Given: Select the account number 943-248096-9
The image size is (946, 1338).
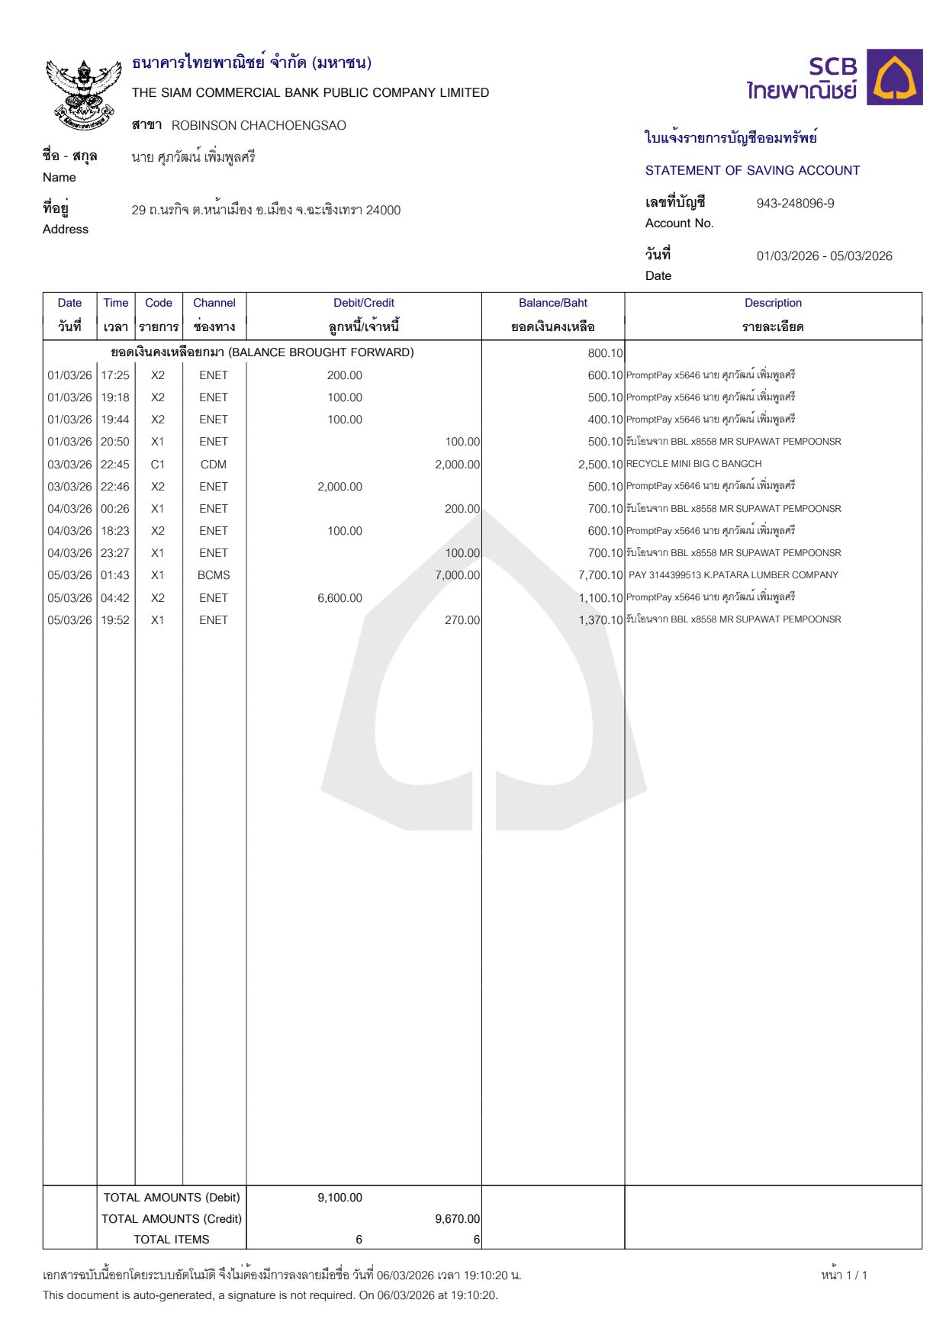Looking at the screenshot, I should coord(795,204).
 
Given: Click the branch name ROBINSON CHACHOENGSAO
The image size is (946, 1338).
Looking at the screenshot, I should coord(259,126).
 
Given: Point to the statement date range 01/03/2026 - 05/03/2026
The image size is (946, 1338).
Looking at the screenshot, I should coord(824,256).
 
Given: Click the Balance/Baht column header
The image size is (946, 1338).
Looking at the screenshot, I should coord(552,303).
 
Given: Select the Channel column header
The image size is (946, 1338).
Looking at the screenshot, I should coord(214,303).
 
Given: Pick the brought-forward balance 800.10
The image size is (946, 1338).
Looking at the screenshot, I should coord(605,353).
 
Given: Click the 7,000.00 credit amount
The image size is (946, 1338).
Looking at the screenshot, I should coord(457,575).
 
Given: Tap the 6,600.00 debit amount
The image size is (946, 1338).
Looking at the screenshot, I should coord(339,598).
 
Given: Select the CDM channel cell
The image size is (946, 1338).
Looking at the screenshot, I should coord(214,465).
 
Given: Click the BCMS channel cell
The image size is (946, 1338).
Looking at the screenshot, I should coord(214,575).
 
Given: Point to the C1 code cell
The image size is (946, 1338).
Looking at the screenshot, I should coord(158,465).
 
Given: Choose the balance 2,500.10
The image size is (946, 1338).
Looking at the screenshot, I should coord(600,465).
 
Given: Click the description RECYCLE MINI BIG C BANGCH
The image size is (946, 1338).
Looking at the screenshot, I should coord(693,464).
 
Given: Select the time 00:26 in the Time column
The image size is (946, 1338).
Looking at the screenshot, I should coord(115,509).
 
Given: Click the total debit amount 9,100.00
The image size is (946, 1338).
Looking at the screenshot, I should coord(339,1198).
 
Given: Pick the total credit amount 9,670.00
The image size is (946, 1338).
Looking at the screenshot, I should coord(457,1219).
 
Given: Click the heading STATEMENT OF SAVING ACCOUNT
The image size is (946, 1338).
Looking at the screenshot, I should coord(752,171).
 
